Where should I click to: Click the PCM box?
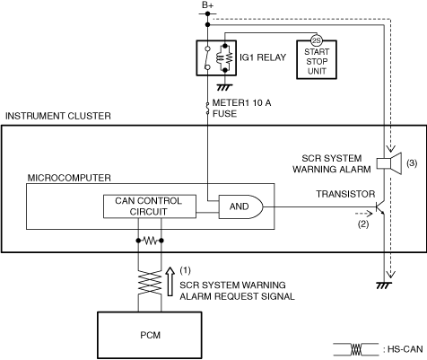[x=150, y=335]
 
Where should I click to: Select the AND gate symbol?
[x=241, y=206]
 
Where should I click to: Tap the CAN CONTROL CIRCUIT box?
[x=150, y=206]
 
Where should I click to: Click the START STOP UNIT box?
[x=317, y=59]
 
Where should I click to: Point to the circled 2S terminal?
[x=317, y=40]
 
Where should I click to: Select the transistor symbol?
[x=379, y=207]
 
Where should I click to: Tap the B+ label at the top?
[x=207, y=5]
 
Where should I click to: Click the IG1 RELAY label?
[x=263, y=57]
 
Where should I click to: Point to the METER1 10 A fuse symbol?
[x=207, y=109]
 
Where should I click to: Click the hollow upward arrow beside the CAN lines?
[x=170, y=281]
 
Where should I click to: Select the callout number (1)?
[x=185, y=270]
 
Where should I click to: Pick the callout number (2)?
[x=363, y=224]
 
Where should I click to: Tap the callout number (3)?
[x=412, y=162]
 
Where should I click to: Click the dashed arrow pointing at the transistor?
[x=363, y=214]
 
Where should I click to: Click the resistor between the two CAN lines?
[x=150, y=241]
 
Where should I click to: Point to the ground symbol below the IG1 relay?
[x=224, y=87]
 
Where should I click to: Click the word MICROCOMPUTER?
[x=69, y=178]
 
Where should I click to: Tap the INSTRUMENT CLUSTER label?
[x=58, y=116]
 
